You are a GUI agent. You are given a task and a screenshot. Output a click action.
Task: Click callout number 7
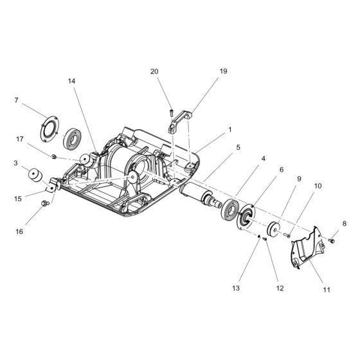click(17, 100)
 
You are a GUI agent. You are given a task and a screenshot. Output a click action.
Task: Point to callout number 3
click(17, 163)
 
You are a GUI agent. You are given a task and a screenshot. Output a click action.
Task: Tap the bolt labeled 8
click(332, 240)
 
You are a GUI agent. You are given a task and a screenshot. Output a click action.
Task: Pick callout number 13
click(237, 289)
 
